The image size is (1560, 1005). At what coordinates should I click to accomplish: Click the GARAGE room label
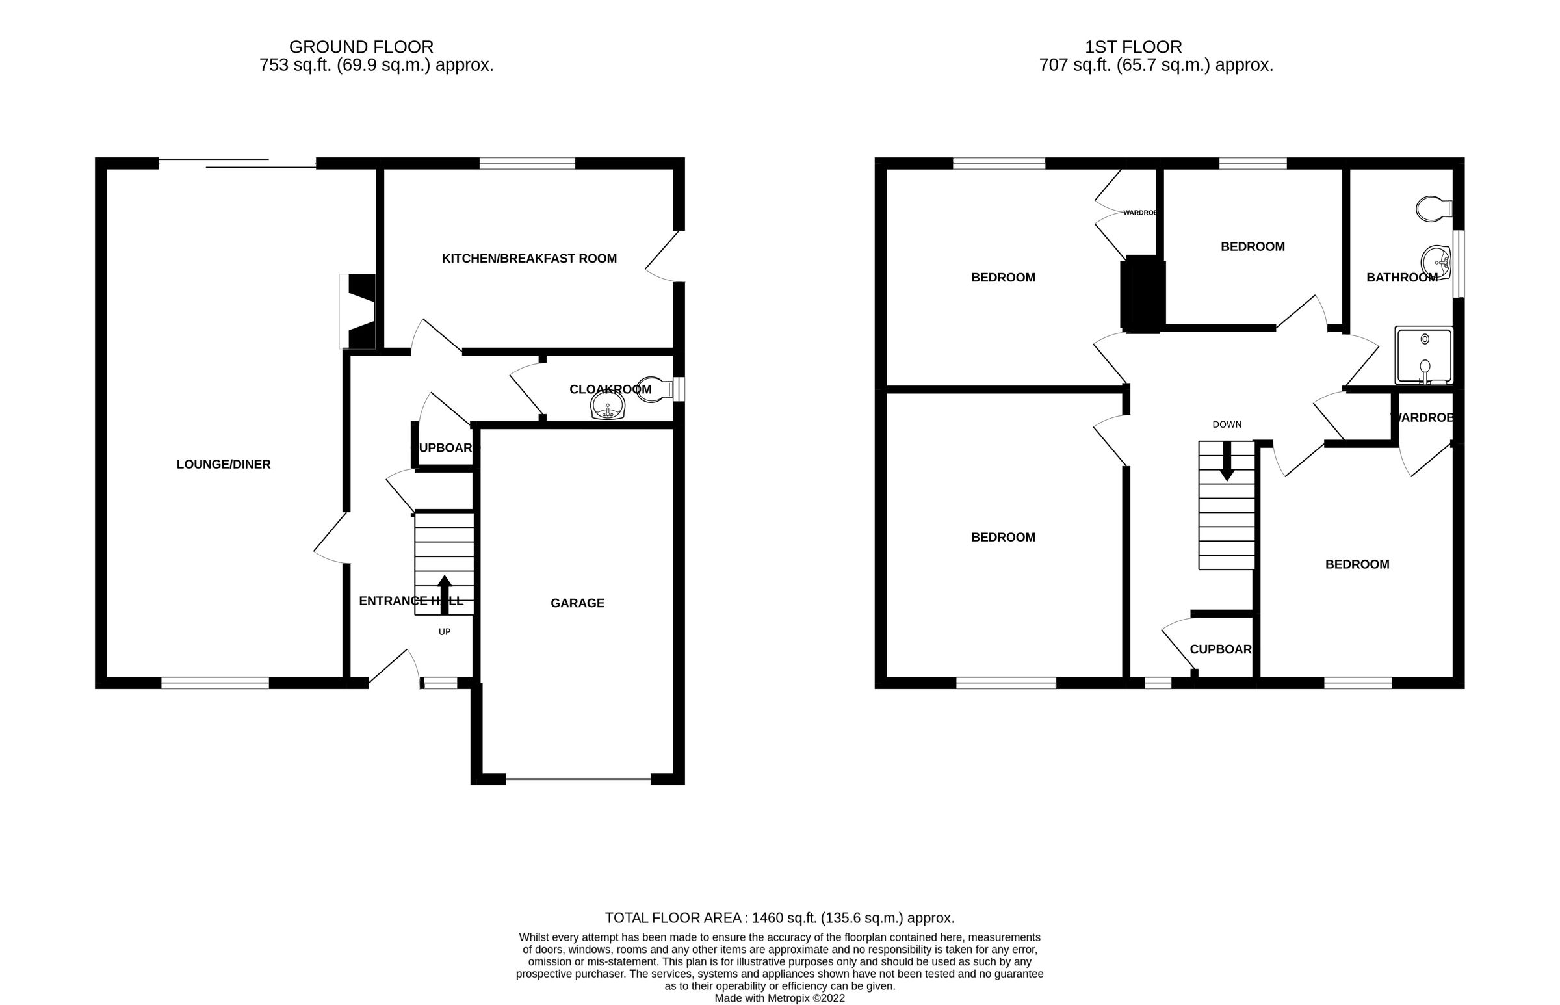(577, 603)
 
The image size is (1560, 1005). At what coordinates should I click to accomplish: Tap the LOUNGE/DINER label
(223, 464)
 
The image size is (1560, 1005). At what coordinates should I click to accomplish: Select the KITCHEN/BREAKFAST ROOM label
(528, 259)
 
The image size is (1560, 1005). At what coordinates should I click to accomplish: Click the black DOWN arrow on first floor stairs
(1227, 461)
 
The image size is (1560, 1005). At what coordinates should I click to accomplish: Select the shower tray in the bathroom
(1423, 356)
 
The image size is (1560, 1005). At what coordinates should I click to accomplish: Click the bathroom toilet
(1433, 209)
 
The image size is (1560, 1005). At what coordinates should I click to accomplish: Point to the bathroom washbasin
(1435, 263)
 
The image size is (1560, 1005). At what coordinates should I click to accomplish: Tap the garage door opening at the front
(578, 779)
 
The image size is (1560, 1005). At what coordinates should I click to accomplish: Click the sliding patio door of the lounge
(237, 163)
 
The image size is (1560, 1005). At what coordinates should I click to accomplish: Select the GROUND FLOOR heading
(361, 47)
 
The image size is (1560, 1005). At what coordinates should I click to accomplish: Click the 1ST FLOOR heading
(1133, 47)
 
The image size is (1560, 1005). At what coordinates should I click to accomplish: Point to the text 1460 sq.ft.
(784, 918)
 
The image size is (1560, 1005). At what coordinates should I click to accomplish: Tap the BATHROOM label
(1401, 278)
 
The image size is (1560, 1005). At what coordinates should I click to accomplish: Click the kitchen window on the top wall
(527, 163)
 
